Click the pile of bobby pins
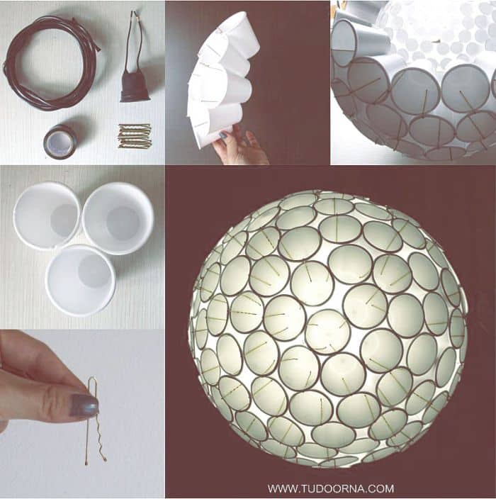(x=134, y=136)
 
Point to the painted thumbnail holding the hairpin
(x=84, y=405)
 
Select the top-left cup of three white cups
(x=47, y=215)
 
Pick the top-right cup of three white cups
(x=118, y=218)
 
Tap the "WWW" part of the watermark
(x=281, y=488)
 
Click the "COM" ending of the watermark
(x=384, y=488)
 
